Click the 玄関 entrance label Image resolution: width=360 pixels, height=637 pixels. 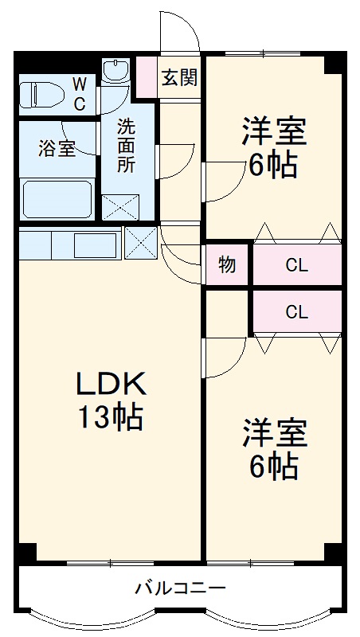pyautogui.click(x=180, y=78)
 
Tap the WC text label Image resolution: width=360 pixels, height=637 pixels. pyautogui.click(x=80, y=93)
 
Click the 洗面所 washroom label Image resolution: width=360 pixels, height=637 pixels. pyautogui.click(x=127, y=146)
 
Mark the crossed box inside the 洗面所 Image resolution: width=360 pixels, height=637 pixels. pyautogui.click(x=119, y=206)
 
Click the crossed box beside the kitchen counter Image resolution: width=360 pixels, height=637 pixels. pyautogui.click(x=141, y=243)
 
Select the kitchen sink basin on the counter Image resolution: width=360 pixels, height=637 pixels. pyautogui.click(x=95, y=244)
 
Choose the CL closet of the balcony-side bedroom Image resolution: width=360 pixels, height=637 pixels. pyautogui.click(x=296, y=312)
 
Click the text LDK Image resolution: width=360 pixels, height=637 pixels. pyautogui.click(x=111, y=385)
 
